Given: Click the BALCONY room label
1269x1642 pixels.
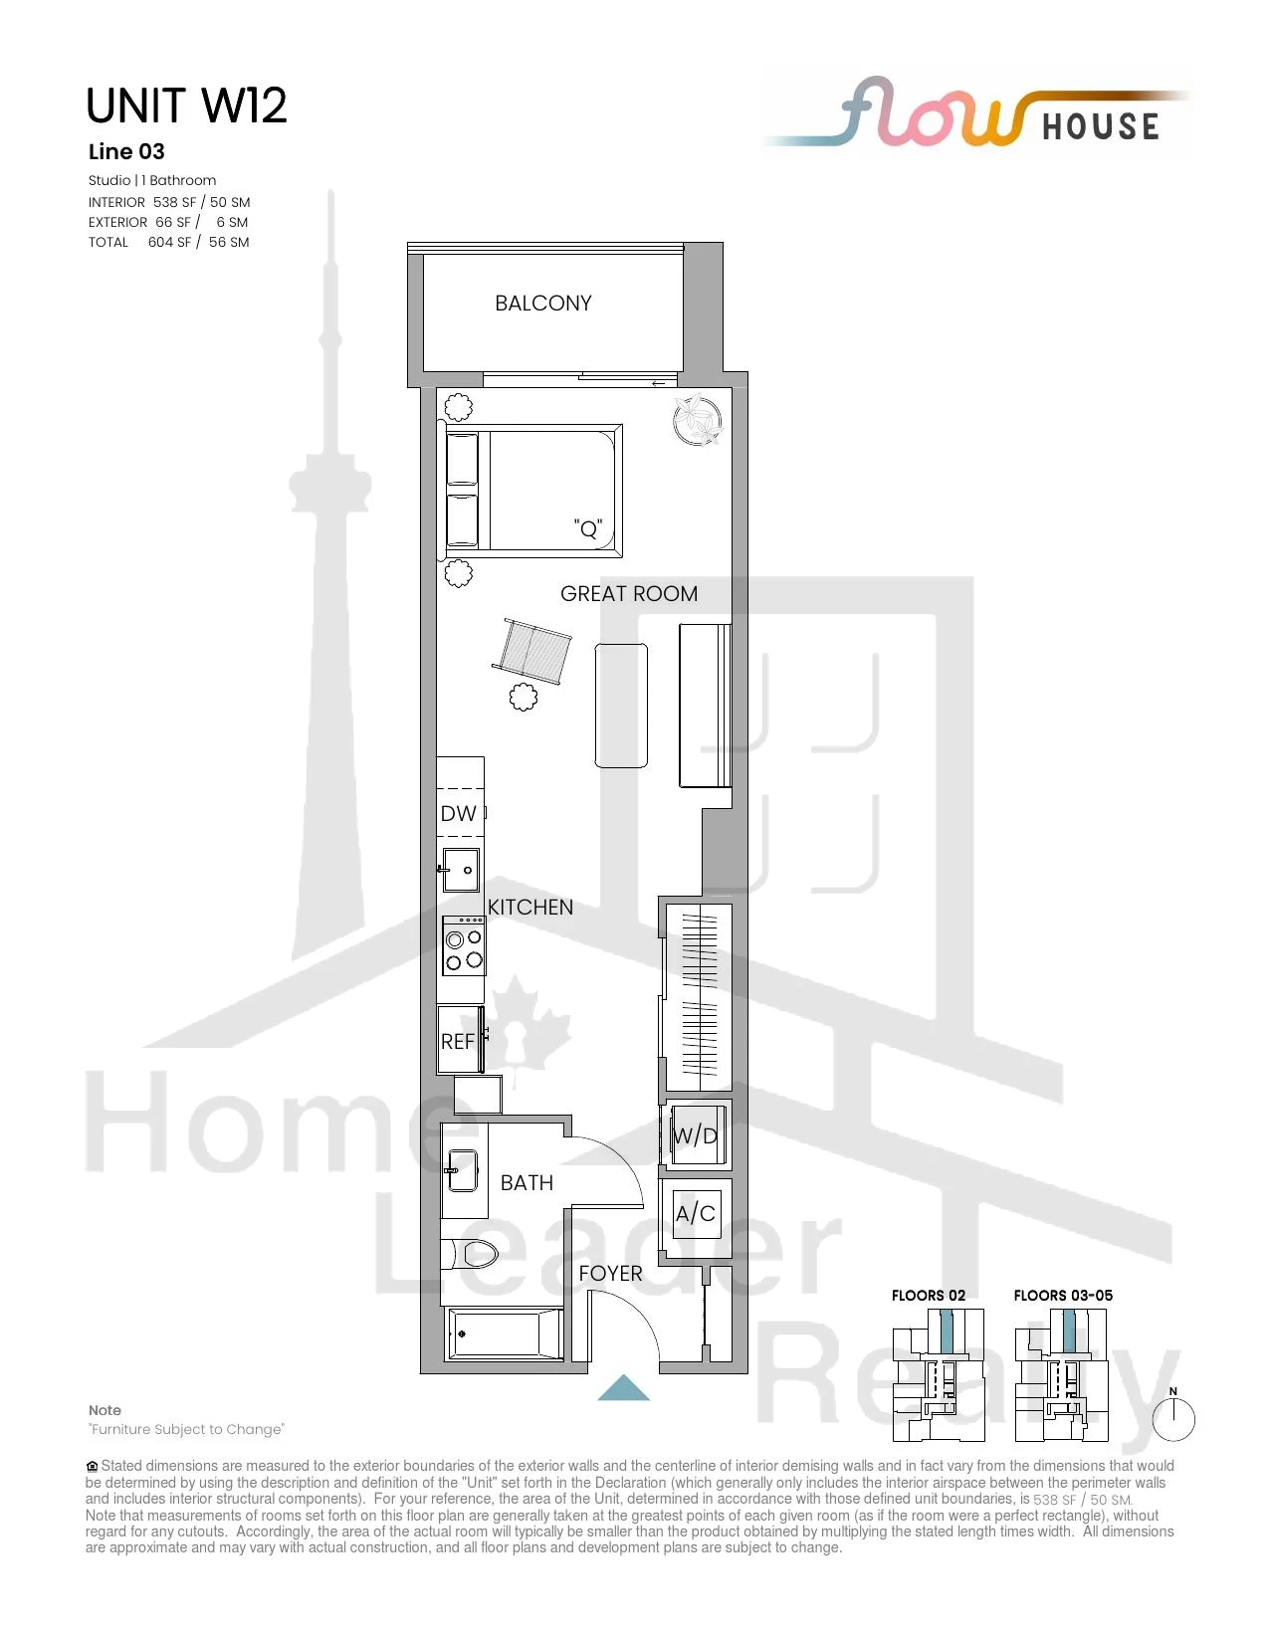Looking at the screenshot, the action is point(542,303).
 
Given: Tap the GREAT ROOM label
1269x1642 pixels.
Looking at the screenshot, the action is point(629,594).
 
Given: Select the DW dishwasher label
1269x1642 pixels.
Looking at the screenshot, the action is point(458,814).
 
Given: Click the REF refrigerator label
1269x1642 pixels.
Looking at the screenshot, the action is point(457,1041).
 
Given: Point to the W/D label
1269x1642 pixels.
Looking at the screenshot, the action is point(695,1134).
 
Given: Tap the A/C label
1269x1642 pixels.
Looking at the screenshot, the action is point(696,1213).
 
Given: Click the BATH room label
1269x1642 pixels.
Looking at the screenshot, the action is point(527,1182).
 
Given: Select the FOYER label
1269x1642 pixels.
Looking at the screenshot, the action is point(610,1273).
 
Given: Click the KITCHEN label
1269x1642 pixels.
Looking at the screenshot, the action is point(529,907).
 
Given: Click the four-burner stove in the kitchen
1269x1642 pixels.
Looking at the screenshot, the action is point(464,946).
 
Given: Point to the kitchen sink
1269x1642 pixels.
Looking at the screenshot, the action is point(460,870).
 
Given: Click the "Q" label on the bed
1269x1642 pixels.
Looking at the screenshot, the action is point(587,527).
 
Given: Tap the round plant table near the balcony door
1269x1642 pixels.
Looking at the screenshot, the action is point(697,419).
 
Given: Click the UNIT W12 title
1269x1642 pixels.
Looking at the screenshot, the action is point(187,105).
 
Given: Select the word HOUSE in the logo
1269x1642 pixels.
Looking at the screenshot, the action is point(1101,126).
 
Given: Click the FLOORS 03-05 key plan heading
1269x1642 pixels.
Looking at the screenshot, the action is point(1063,1295).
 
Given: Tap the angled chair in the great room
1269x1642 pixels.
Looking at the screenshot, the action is point(532,651).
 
